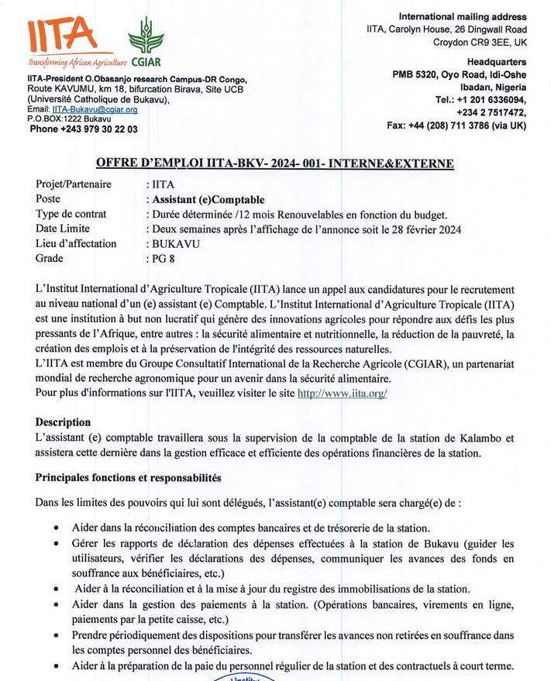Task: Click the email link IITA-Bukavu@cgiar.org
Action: click(95, 111)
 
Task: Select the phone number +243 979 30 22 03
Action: click(83, 129)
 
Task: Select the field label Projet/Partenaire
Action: click(74, 184)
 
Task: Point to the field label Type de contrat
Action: click(71, 214)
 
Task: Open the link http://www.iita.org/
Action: click(343, 393)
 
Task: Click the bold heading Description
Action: click(63, 422)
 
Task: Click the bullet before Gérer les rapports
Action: click(58, 544)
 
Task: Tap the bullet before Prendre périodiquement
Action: click(58, 636)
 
